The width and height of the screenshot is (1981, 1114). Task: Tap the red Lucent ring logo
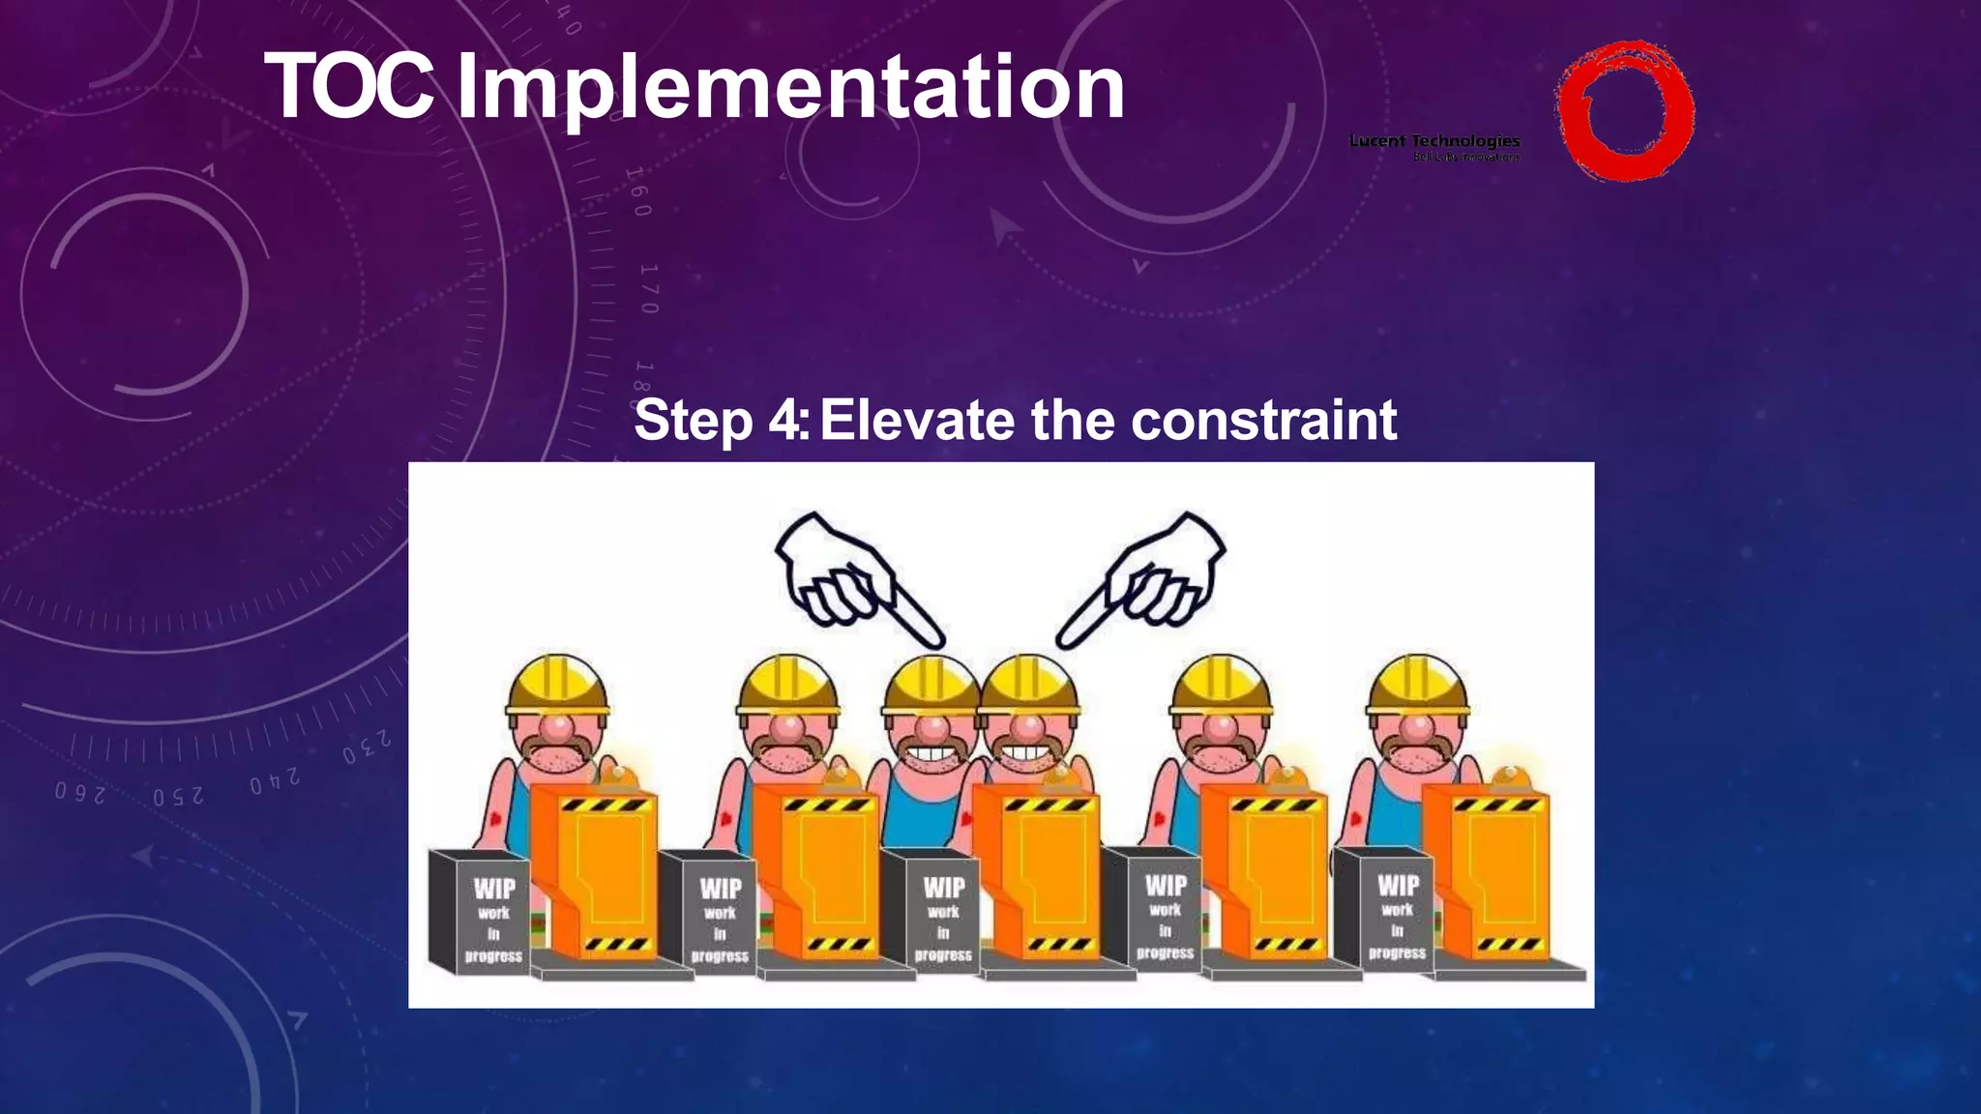click(1624, 110)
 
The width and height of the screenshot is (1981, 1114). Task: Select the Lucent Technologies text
click(1434, 141)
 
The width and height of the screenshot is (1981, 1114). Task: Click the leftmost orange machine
click(595, 870)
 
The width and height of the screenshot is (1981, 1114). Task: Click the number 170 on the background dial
click(648, 288)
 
